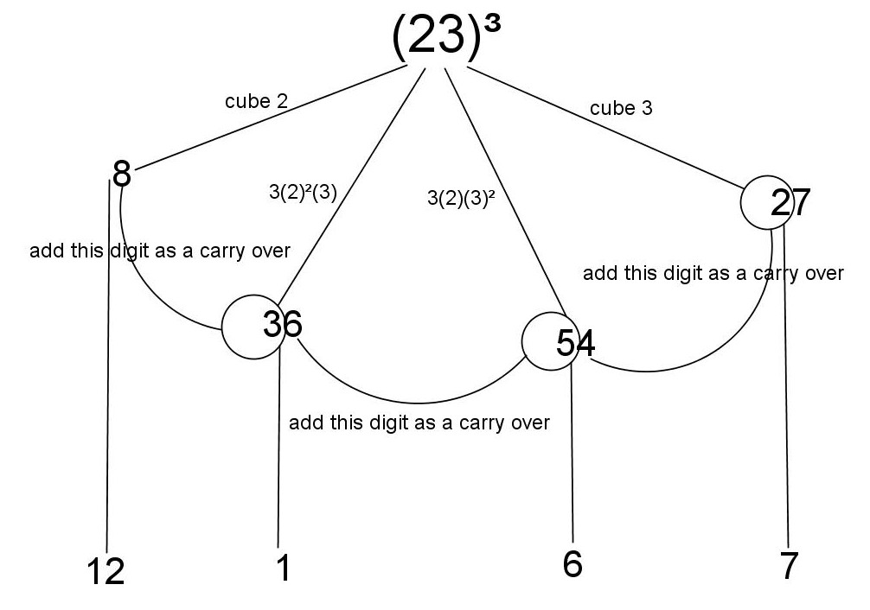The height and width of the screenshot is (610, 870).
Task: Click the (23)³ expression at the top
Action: click(445, 38)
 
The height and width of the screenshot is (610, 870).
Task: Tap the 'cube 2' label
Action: click(256, 101)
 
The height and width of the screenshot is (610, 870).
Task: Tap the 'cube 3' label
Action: click(621, 108)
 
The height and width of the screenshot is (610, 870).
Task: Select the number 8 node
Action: click(122, 174)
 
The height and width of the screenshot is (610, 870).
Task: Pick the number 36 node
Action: click(281, 325)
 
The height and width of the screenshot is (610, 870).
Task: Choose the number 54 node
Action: click(575, 343)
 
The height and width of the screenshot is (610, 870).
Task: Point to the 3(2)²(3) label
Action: click(303, 192)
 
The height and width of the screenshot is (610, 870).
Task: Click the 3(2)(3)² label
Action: click(461, 198)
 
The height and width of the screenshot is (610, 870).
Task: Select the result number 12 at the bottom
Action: click(106, 571)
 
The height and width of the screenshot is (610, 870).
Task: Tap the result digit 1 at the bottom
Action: click(281, 567)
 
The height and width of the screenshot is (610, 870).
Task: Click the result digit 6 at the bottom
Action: click(573, 563)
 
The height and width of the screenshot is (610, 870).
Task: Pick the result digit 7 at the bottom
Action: click(788, 567)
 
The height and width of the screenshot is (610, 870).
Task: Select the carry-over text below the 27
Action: click(713, 273)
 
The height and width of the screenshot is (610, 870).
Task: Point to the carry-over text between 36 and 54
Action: click(419, 423)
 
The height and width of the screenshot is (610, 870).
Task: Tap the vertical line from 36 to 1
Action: click(278, 449)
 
